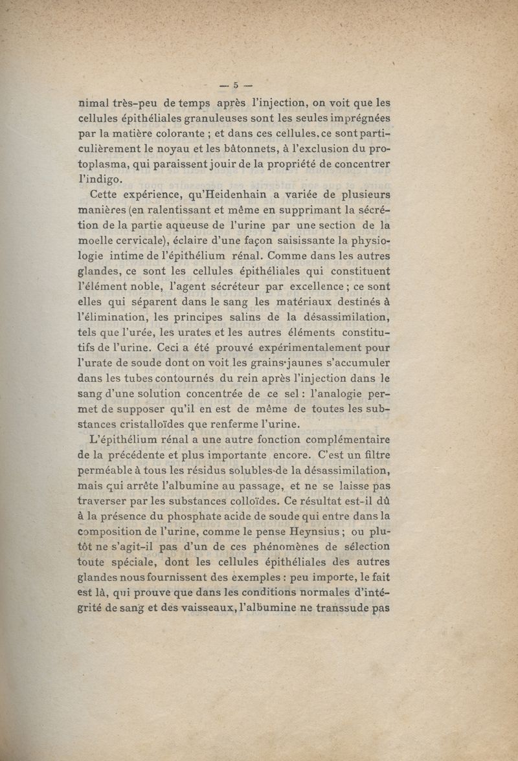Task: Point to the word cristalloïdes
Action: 161,425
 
